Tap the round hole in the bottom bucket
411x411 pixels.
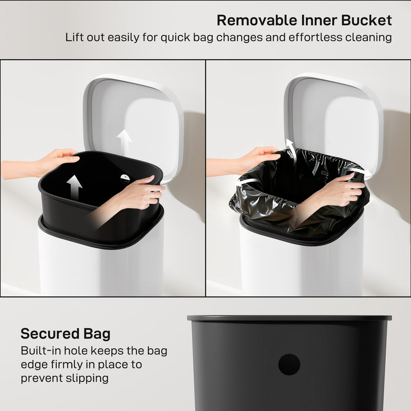pyautogui.click(x=289, y=364)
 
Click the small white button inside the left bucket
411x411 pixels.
pyautogui.click(x=124, y=177)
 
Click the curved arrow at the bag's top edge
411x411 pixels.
pyautogui.click(x=290, y=149)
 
